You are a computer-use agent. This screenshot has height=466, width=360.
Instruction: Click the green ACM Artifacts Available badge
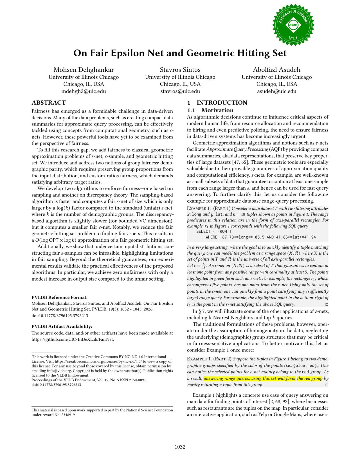[x=293, y=25]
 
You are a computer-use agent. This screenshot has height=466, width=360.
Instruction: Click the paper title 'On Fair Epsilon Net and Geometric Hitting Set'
[x=180, y=53]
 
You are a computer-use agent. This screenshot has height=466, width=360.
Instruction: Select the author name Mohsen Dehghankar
[x=84, y=70]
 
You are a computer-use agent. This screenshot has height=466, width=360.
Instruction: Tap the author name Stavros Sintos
[x=180, y=70]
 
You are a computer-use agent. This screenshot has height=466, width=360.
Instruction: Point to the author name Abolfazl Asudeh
[x=276, y=70]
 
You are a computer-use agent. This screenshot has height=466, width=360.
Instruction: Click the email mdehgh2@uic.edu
[x=84, y=91]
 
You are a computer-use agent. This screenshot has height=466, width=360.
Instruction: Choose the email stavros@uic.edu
[x=180, y=91]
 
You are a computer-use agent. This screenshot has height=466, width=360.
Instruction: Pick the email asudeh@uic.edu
[x=276, y=91]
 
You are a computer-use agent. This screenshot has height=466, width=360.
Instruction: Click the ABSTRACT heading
[x=49, y=103]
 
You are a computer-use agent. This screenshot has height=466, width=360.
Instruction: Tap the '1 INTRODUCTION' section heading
[x=217, y=103]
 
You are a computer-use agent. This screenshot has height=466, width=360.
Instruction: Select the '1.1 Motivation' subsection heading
[x=210, y=110]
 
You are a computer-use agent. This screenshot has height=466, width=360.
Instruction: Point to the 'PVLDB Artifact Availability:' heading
[x=62, y=326]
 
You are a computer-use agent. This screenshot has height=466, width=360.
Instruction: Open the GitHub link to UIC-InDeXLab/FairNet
[x=73, y=339]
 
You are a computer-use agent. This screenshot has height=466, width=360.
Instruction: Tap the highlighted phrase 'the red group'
[x=310, y=378]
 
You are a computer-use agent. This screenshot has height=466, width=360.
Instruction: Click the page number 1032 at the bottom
[x=180, y=447]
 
